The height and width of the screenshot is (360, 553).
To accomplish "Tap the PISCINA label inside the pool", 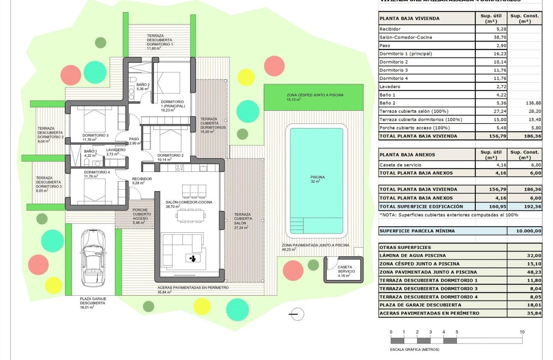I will click(x=317, y=177).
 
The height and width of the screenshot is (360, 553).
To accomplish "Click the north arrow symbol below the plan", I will click(x=296, y=314).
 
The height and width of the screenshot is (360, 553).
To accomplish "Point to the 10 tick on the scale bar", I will click(x=522, y=332).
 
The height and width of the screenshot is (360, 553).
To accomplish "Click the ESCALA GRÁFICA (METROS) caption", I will click(x=415, y=349).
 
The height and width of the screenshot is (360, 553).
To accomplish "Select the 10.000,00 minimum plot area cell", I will click(x=524, y=231).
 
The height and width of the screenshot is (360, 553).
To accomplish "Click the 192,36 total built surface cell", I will click(x=524, y=206).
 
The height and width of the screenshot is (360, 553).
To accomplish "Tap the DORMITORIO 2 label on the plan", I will click(x=170, y=155).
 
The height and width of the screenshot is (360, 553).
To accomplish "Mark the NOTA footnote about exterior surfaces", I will click(x=449, y=215).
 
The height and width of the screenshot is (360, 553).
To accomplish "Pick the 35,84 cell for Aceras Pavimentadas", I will click(x=524, y=313).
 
